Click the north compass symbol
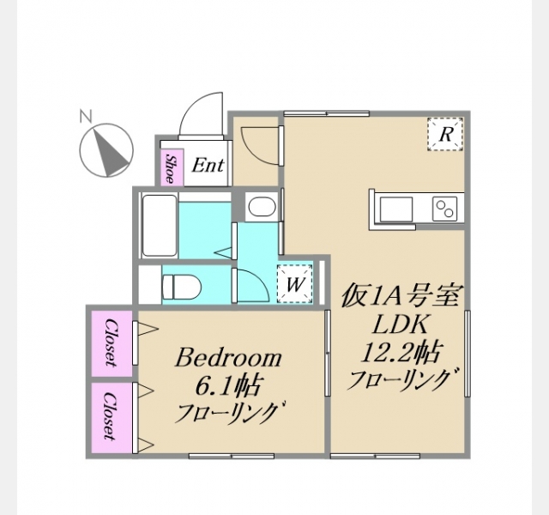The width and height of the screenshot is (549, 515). (106, 150)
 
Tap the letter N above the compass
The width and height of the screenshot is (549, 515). (86, 116)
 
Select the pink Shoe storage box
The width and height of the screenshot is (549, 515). (172, 167)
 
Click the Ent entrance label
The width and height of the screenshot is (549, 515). (208, 165)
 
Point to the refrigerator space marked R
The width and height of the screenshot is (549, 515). (445, 134)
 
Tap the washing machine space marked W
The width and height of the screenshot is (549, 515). (294, 284)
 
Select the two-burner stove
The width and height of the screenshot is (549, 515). (444, 209)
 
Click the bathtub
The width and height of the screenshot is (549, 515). (160, 226)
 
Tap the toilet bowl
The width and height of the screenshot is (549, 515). (182, 287)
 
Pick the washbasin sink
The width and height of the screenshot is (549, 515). (262, 207)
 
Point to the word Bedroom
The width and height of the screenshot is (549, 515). (228, 358)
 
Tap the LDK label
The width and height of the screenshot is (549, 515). (400, 324)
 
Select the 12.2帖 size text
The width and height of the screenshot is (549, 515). (400, 352)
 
